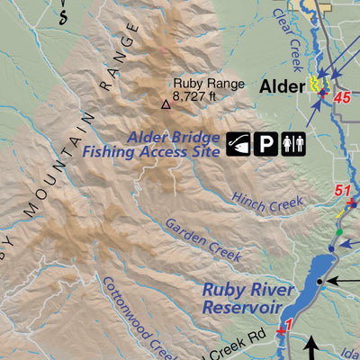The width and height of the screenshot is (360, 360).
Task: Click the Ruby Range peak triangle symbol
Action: (x=165, y=104)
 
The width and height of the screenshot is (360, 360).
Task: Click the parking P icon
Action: (x=267, y=143)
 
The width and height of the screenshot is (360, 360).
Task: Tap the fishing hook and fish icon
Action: (x=239, y=143)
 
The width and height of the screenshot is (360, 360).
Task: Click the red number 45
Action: (x=341, y=97)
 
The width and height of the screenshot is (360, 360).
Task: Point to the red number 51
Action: (x=342, y=191)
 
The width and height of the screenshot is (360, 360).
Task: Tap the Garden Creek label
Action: (x=202, y=238)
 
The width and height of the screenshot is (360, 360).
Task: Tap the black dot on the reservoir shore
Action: (x=319, y=282)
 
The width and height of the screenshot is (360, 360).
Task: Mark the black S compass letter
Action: (x=61, y=16)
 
